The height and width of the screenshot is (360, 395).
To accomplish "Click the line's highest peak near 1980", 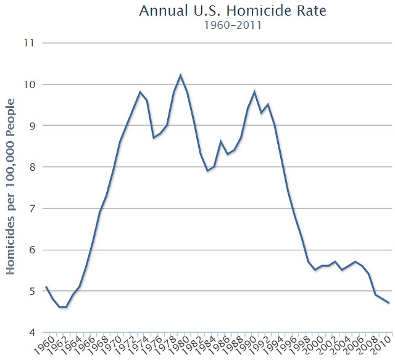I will (x=180, y=75).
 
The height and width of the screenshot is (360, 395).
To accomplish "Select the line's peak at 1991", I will (x=254, y=92).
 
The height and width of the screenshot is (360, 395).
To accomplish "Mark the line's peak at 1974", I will (x=140, y=92).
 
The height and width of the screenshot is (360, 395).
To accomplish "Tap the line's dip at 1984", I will (x=207, y=171).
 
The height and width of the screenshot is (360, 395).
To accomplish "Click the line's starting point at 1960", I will (x=46, y=287).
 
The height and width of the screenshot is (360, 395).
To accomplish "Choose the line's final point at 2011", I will (x=388, y=303).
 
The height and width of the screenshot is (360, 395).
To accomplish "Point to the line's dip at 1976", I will (x=154, y=137).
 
